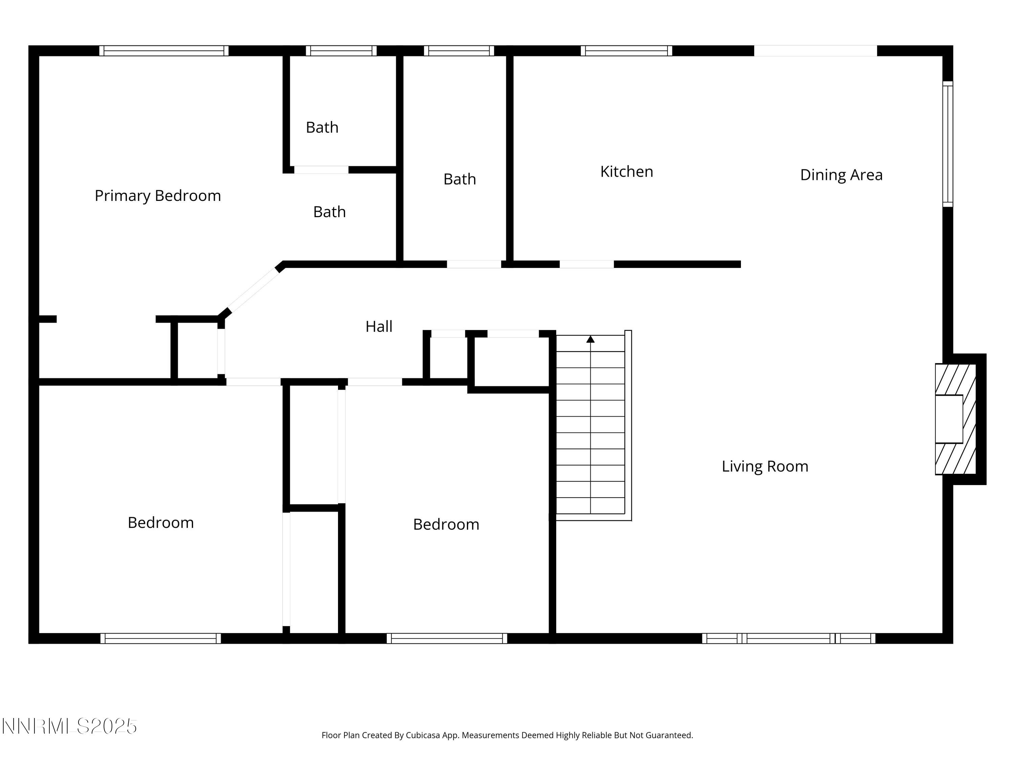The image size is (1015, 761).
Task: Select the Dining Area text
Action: tap(841, 175)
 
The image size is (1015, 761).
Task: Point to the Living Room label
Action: tap(765, 466)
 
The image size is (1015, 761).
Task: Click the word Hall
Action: tap(379, 327)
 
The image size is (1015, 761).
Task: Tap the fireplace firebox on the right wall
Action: tap(949, 419)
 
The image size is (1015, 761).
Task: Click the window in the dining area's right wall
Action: tap(948, 144)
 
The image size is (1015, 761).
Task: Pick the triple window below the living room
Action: tap(788, 638)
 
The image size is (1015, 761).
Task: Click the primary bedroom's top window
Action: tap(164, 50)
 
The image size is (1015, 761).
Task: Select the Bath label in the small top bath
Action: tap(322, 128)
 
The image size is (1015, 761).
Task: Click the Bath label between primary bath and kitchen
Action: tap(459, 179)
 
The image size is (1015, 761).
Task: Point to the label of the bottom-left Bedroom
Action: tap(161, 523)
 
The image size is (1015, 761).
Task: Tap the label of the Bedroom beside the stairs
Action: tap(446, 524)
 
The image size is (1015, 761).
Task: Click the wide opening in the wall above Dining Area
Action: tap(815, 50)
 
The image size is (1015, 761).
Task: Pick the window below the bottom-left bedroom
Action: tap(161, 638)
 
